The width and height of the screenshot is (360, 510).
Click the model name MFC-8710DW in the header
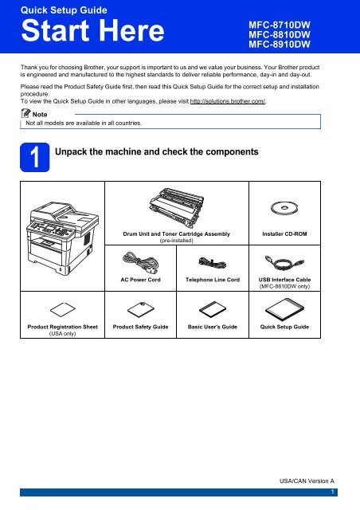[x=280, y=25]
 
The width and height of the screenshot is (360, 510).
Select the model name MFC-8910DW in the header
[x=280, y=45]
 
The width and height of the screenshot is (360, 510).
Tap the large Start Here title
[x=92, y=30]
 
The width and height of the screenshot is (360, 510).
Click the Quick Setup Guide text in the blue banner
[x=64, y=10]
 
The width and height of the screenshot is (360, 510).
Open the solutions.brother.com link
[x=228, y=101]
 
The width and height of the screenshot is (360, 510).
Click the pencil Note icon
[x=25, y=113]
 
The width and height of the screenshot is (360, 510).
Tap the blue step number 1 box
[x=35, y=157]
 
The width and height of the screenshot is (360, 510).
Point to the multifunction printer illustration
[x=62, y=237]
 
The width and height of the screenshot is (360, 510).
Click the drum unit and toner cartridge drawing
[x=176, y=208]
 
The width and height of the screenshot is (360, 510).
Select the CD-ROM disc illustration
[x=284, y=208]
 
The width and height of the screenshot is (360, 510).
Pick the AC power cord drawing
[x=140, y=263]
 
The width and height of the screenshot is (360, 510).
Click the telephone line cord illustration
[x=212, y=262]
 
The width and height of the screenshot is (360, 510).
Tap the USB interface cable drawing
[x=284, y=262]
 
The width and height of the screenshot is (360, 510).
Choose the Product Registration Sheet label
[x=62, y=327]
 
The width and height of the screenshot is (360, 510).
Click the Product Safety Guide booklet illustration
[x=140, y=309]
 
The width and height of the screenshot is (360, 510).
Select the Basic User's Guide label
[x=213, y=327]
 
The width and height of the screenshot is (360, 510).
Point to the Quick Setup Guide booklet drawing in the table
[x=284, y=309]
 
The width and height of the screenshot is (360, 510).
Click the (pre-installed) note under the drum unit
[x=176, y=241]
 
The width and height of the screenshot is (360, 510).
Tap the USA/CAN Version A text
[x=307, y=481]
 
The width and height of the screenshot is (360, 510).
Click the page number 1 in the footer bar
[x=332, y=492]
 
